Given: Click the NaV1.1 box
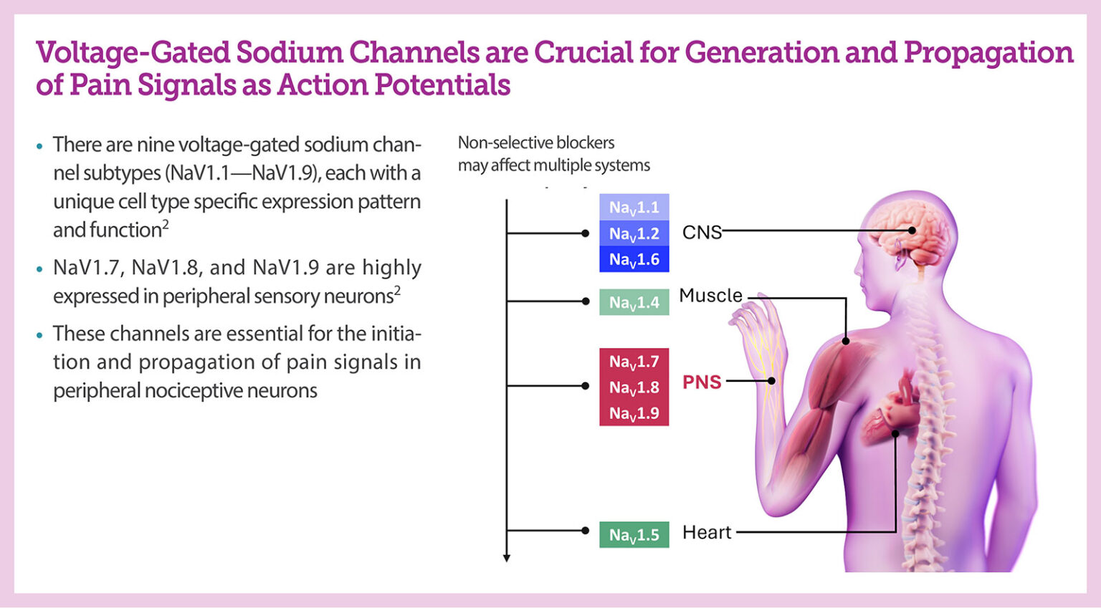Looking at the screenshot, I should pos(634,208).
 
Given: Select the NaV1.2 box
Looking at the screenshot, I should pos(634,233).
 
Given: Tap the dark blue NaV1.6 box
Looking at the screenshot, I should pos(634,259).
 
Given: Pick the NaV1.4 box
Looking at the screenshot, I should pos(634,302).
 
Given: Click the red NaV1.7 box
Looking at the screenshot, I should pos(634,362).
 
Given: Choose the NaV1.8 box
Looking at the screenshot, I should pos(634,387).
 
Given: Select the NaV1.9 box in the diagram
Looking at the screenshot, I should pos(634,413).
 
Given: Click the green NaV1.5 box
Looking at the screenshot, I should pos(634,534).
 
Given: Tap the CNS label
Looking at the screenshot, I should pos(702,233).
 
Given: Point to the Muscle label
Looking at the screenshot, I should pos(710,296).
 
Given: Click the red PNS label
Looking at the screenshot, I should pos(702,382).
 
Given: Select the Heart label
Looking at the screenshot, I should pos(707,533).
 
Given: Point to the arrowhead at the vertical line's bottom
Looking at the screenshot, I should pos(507,558).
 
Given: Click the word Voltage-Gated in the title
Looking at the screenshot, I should pos(133,53).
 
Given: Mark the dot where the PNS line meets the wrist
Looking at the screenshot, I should pos(771,381).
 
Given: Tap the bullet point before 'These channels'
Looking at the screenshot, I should pos(39,334).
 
